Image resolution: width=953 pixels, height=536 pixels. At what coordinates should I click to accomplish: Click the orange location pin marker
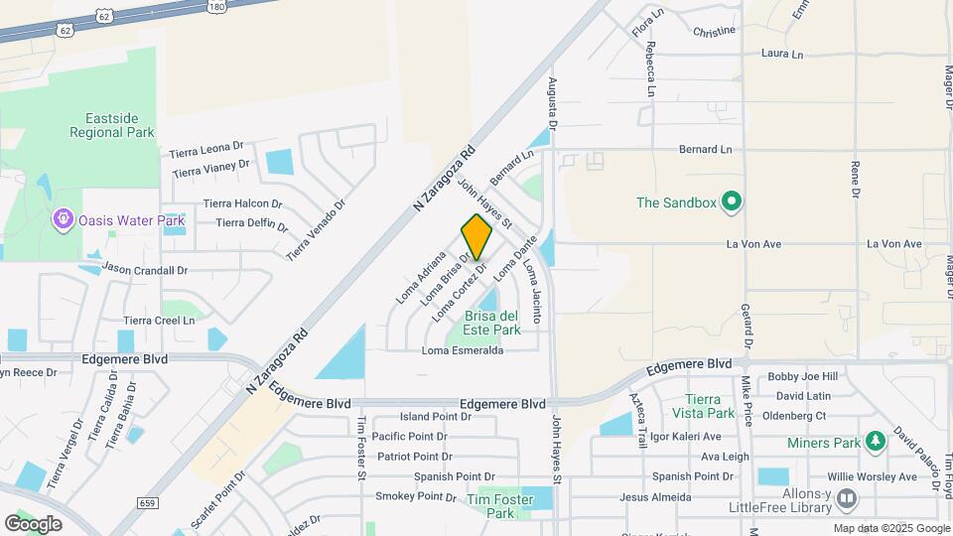[476, 236]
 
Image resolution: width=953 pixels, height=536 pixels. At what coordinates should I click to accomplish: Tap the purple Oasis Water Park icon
[65, 216]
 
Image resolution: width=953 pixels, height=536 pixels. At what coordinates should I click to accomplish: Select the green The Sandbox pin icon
[733, 203]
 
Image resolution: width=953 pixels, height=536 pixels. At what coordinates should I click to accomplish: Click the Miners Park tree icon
[875, 440]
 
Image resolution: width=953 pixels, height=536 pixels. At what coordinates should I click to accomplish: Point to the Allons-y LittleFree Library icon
[847, 496]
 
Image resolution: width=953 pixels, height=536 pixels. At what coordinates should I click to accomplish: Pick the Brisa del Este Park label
[492, 323]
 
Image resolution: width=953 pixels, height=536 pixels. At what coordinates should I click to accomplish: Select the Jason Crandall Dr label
[145, 270]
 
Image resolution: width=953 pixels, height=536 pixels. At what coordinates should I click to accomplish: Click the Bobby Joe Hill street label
[803, 377]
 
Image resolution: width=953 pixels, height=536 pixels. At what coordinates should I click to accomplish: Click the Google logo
[33, 523]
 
